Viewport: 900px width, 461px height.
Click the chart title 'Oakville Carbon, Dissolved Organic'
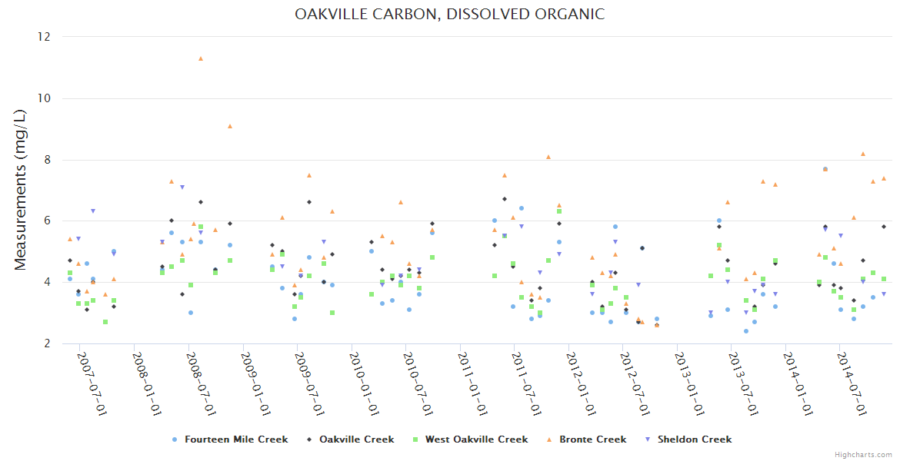point(449,14)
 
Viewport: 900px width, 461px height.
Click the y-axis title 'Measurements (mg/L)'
point(21,190)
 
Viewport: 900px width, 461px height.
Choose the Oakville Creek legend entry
point(356,439)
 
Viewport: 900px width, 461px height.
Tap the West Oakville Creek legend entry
point(476,439)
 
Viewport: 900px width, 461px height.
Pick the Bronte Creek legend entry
point(592,439)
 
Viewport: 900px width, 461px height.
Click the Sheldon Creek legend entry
point(694,439)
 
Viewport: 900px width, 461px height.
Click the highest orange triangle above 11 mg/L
point(201,58)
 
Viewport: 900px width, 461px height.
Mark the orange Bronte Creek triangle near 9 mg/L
point(229,126)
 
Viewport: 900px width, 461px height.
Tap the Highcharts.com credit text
point(863,454)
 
